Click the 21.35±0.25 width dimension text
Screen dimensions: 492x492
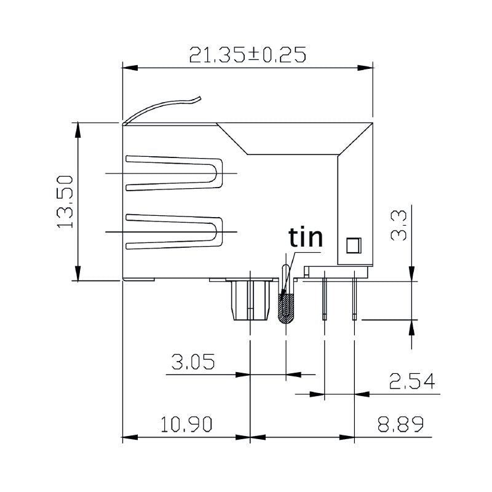[247, 55]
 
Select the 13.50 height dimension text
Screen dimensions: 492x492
[66, 201]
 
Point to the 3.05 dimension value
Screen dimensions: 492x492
[192, 362]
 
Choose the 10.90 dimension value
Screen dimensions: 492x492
[186, 425]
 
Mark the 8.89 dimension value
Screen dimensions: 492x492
[400, 425]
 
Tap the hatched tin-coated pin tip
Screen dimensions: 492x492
[285, 307]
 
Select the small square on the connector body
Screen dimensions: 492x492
[352, 245]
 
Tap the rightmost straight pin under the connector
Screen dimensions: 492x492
[354, 299]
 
